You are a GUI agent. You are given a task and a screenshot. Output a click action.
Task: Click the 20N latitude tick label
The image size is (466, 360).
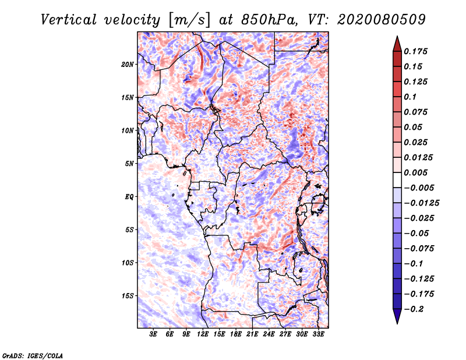pyautogui.click(x=128, y=65)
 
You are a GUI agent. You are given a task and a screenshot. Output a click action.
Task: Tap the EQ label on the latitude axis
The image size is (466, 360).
pyautogui.click(x=129, y=197)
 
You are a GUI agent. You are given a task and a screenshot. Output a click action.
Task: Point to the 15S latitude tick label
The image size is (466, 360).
pyautogui.click(x=128, y=296)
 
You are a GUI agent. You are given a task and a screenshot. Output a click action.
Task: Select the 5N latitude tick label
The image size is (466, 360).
pyautogui.click(x=129, y=164)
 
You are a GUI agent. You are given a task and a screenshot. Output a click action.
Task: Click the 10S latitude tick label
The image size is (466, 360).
pyautogui.click(x=128, y=263)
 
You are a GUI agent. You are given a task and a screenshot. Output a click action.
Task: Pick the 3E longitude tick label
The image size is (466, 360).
pyautogui.click(x=153, y=334)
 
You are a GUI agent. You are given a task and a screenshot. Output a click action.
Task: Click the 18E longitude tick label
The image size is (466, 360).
pyautogui.click(x=236, y=334)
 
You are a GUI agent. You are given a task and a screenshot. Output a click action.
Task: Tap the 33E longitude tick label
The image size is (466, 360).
pyautogui.click(x=318, y=334)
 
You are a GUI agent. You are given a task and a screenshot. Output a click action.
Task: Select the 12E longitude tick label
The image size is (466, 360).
pyautogui.click(x=203, y=334)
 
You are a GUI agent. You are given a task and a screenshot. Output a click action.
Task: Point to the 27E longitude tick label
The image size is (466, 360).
pyautogui.click(x=285, y=334)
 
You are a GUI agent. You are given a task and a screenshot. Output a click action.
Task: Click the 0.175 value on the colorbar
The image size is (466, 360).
pyautogui.click(x=415, y=51)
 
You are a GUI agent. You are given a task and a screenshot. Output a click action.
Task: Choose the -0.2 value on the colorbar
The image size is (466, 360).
pyautogui.click(x=414, y=309)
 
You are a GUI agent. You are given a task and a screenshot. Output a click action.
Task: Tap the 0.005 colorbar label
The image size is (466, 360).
pyautogui.click(x=415, y=172)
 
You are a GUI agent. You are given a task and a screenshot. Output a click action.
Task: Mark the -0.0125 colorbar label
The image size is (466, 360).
pyautogui.click(x=421, y=203)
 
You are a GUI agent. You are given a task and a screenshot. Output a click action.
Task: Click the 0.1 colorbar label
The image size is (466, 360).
pyautogui.click(x=410, y=97)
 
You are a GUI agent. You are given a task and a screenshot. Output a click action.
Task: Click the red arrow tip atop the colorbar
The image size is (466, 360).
pyautogui.click(x=397, y=36)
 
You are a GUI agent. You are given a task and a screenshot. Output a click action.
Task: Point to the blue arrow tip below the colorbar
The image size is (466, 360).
pyautogui.click(x=397, y=323)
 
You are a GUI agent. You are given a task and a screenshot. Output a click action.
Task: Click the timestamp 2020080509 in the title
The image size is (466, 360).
pyautogui.click(x=382, y=20)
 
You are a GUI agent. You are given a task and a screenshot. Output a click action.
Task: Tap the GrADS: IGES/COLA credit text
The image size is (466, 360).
pyautogui.click(x=33, y=355)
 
